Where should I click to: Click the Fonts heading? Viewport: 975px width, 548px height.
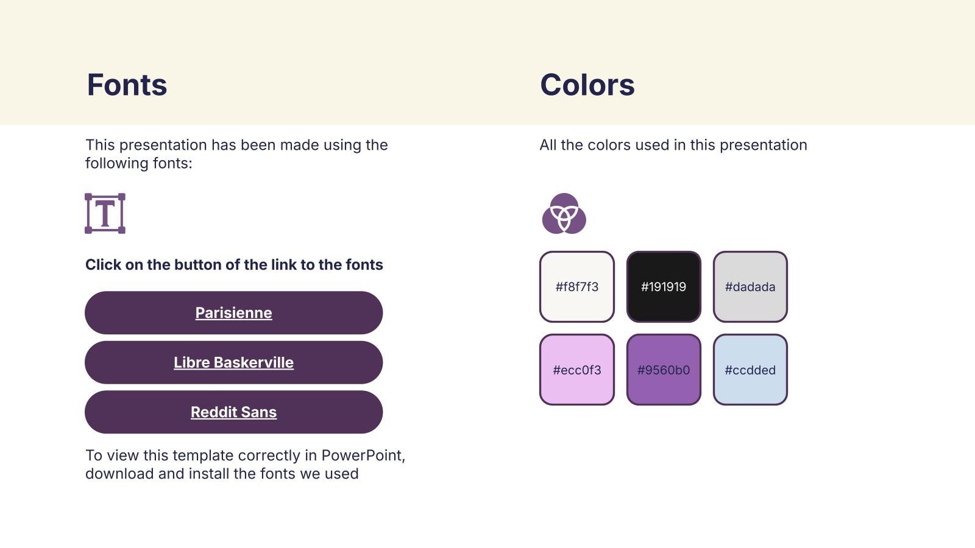click(x=127, y=85)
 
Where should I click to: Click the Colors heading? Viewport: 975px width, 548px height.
click(x=587, y=85)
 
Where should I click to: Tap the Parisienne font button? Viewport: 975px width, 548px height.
click(x=234, y=313)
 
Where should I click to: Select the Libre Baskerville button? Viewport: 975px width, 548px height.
click(x=234, y=362)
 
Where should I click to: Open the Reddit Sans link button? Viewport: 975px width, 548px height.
click(x=234, y=412)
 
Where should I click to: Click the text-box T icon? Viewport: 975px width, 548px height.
click(x=105, y=214)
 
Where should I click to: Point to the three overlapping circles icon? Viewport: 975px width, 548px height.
click(x=564, y=214)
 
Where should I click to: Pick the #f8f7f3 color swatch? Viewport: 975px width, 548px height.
click(x=576, y=287)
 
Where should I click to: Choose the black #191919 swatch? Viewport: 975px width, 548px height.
click(x=664, y=287)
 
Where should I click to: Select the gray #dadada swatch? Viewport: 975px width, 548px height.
click(x=750, y=287)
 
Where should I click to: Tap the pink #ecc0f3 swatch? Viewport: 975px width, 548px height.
click(x=576, y=370)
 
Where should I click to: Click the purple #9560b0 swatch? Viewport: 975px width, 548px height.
click(x=664, y=370)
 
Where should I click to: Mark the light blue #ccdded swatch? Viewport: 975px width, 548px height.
click(x=750, y=370)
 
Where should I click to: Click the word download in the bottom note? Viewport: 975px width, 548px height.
click(x=119, y=474)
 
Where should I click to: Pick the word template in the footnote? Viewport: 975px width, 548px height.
click(x=203, y=456)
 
